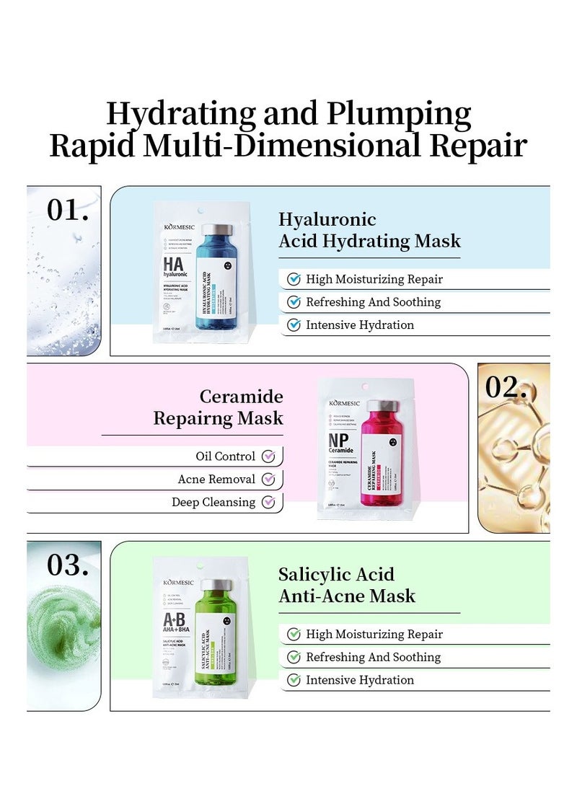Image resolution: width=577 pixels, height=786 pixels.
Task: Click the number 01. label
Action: [x=68, y=210]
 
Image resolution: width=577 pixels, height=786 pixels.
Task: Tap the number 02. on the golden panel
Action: [x=506, y=387]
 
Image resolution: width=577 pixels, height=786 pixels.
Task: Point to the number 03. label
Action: [x=68, y=565]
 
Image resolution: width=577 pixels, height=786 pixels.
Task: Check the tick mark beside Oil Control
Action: [x=268, y=456]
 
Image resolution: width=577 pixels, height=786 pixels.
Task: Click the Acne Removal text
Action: [x=216, y=480]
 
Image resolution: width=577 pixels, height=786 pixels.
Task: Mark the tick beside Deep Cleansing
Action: [x=268, y=503]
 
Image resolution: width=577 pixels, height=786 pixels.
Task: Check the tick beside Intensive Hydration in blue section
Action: [x=294, y=325]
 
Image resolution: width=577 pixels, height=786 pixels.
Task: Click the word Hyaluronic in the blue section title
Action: [x=327, y=220]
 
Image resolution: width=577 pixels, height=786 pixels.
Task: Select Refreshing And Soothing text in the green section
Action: [x=373, y=658]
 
